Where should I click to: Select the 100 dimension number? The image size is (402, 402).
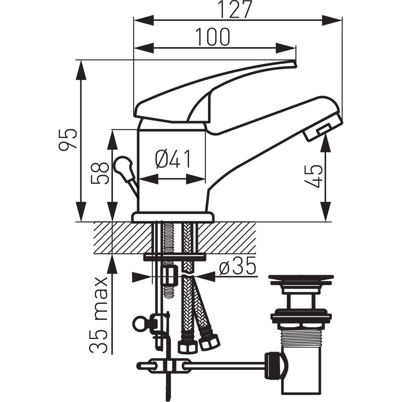point(213,37)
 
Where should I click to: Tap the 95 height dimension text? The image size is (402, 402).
point(68,139)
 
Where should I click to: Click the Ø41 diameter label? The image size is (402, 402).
point(173,159)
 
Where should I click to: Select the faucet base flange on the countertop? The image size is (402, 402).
point(173,217)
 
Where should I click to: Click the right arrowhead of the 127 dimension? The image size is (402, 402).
point(332,20)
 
